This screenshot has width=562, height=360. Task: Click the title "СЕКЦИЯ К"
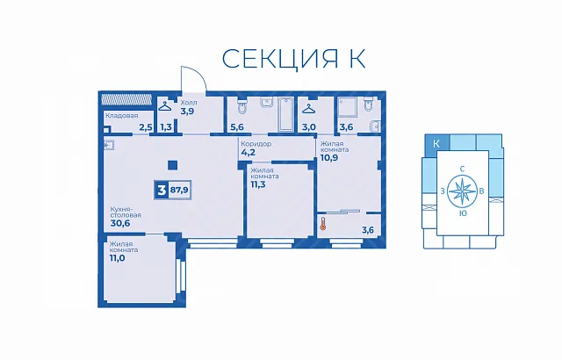293,58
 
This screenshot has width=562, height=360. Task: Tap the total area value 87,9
179,190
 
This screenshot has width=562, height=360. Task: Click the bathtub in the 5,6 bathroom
286,114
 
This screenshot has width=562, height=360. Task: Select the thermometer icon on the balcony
323,224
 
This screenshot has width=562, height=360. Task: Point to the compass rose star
463,191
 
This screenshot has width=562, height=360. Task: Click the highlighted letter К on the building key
436,144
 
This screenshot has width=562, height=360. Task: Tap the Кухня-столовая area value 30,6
120,223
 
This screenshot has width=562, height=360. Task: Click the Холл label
189,103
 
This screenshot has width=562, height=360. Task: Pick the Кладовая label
121,116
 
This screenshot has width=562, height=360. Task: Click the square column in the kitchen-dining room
173,165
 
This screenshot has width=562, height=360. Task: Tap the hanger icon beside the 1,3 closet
165,106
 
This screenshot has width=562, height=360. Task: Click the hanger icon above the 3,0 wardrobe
308,108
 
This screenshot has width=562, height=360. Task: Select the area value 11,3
258,184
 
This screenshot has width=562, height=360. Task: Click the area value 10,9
329,158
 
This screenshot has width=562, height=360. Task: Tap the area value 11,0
118,257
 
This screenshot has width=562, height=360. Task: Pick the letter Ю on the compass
463,213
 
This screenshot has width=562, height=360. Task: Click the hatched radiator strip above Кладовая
126,99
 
